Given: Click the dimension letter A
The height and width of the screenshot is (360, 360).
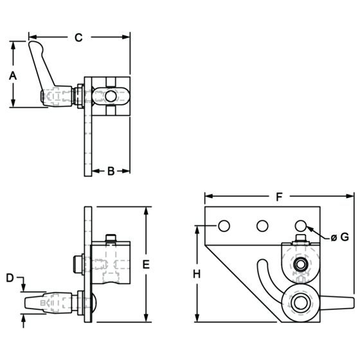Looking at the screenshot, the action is point(13,76).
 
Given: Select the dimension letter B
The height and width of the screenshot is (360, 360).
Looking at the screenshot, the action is point(111,171).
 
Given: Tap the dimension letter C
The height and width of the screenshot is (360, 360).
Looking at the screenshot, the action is point(78,37).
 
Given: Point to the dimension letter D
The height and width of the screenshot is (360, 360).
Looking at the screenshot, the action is point(10,278).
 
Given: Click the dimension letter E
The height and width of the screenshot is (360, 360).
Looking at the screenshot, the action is point(146,264).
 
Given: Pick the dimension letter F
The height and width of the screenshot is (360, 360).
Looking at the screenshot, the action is point(279,197).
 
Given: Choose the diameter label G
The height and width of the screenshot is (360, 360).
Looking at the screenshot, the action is point(340,237).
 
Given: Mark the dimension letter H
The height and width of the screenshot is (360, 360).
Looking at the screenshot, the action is point(197,274).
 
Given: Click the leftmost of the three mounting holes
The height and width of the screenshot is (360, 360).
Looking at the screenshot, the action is point(224,226).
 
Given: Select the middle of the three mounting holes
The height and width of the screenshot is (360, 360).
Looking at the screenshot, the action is point(262,226).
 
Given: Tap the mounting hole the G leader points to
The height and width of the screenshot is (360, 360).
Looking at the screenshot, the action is point(301,226).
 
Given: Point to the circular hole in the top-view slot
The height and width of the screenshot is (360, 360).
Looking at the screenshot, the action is point(111,96).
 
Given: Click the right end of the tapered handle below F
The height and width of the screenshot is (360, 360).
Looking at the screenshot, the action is point(353,303).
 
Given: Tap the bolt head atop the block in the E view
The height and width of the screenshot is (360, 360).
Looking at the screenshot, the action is point(111,237).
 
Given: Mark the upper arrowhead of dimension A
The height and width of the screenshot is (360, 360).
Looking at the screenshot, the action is point(13,46).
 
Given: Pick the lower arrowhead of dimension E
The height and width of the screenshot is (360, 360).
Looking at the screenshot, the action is point(146,318).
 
